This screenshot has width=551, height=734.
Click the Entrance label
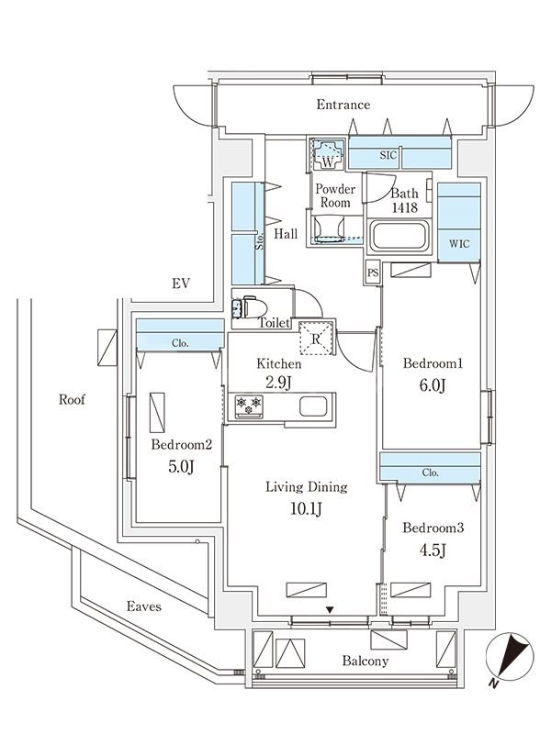tap(343, 105)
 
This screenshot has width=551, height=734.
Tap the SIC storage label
tap(388, 155)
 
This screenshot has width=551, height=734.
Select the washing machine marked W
tap(328, 155)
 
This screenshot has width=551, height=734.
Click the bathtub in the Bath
tap(398, 239)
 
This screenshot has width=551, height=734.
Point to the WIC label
tap(459, 245)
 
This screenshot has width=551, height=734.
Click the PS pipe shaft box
tap(372, 272)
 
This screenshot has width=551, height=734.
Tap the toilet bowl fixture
tap(252, 307)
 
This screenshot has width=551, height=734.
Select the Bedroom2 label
tap(182, 445)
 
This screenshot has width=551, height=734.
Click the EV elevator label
tap(180, 284)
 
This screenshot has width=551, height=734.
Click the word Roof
tap(73, 400)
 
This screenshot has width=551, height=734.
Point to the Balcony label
tap(365, 661)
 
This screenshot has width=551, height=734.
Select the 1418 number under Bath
tap(404, 208)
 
